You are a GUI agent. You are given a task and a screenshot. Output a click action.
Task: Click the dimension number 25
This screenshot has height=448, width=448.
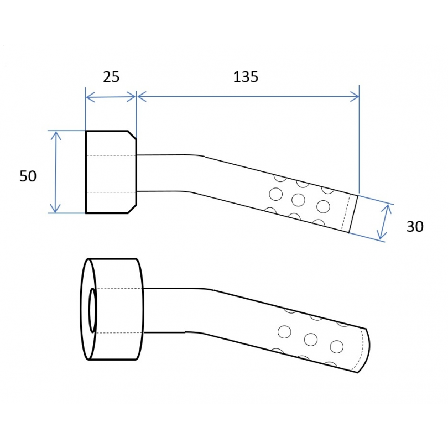111,77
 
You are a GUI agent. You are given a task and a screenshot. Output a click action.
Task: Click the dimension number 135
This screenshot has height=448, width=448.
246,77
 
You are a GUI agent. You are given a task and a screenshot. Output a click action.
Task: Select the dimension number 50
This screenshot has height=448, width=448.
28,176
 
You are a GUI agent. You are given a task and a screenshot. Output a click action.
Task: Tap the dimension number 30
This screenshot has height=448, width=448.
415,226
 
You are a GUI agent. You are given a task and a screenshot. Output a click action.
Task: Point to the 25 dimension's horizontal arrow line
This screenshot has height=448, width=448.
111,97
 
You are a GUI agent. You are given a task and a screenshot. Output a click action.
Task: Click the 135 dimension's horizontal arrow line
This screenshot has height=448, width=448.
248,97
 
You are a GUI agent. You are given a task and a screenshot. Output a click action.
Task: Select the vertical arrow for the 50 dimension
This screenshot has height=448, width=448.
56,172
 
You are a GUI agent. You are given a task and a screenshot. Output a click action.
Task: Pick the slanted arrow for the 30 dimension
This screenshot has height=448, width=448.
384,222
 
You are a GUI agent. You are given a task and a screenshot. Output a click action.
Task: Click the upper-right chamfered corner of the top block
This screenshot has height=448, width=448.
132,135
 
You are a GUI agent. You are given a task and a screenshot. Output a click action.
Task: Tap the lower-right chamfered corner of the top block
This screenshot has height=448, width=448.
132,209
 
